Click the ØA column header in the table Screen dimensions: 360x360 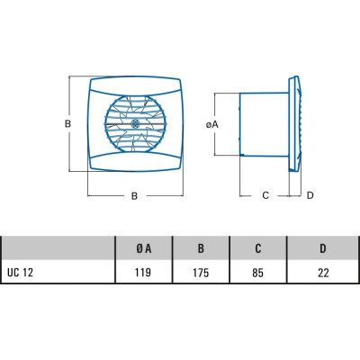click(144, 248)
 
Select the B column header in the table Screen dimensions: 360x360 click(201, 248)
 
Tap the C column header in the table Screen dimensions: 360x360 click(258, 248)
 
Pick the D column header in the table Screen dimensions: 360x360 click(323, 248)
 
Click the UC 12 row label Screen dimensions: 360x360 click(20, 273)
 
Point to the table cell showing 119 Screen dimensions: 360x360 click(143, 273)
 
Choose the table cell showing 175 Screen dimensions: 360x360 click(201, 273)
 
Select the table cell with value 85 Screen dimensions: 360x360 click(257, 273)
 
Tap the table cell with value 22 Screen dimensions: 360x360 click(323, 273)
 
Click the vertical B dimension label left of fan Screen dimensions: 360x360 click(68, 123)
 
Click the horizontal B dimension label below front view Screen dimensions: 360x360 click(134, 196)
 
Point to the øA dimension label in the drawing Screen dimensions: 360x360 click(212, 124)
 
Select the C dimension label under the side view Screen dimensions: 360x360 click(265, 195)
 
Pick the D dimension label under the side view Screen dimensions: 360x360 click(310, 195)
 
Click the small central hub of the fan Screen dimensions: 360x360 click(135, 123)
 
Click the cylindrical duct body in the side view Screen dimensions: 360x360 click(264, 124)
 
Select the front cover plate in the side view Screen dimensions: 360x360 click(295, 124)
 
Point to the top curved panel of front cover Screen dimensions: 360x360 click(136, 86)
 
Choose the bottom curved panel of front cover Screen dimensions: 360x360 click(136, 162)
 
